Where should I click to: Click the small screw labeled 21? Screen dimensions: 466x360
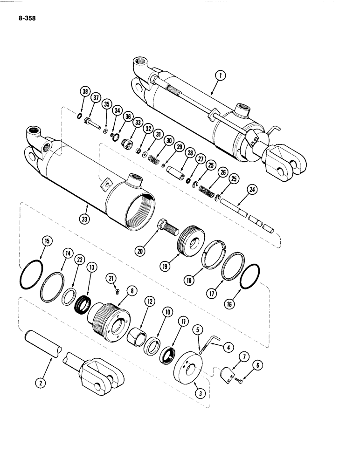pyautogui.click(x=117, y=291)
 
